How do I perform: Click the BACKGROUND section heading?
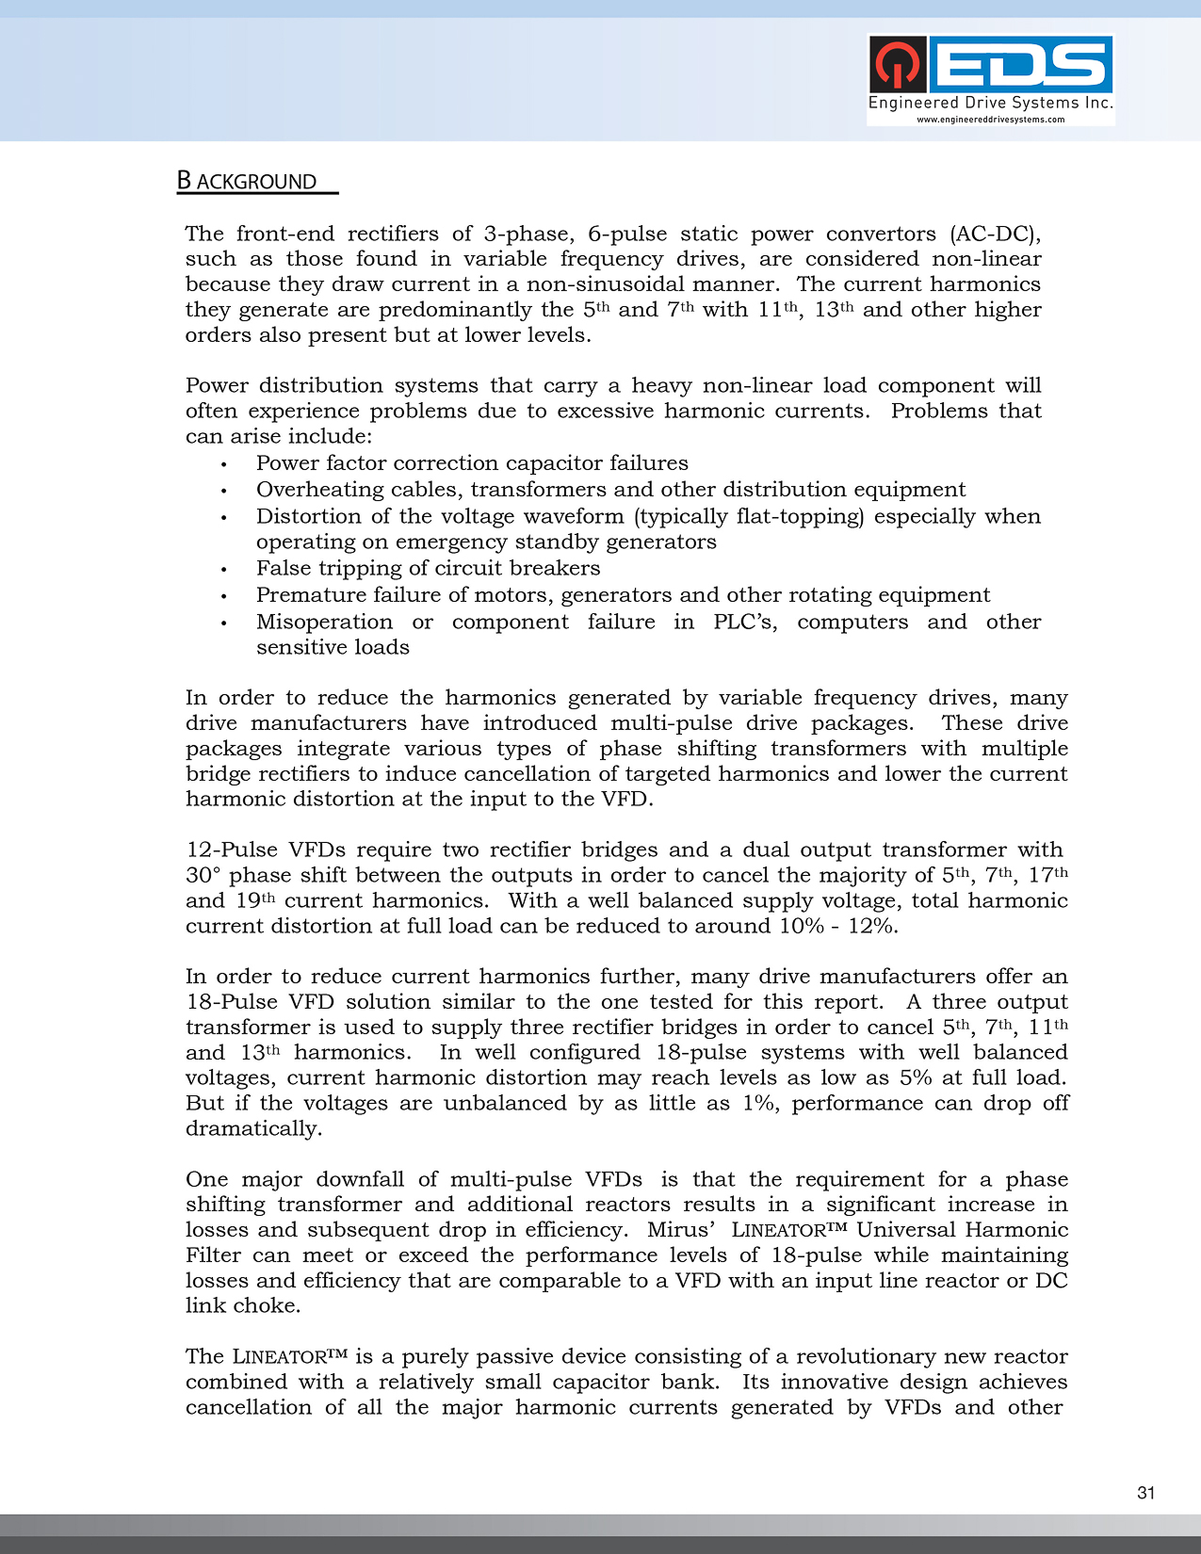point(248,181)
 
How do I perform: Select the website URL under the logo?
point(991,120)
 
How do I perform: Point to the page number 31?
point(1145,1493)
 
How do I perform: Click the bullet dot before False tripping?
point(224,570)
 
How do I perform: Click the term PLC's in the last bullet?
point(745,622)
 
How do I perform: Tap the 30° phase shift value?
point(203,875)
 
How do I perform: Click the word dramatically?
point(253,1128)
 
